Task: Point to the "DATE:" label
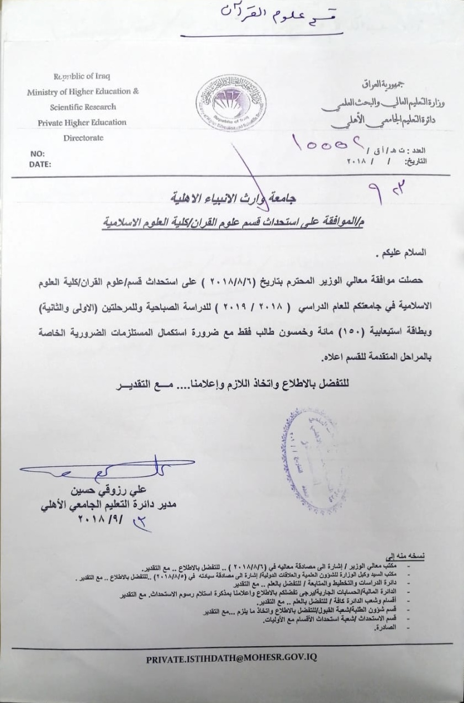40,164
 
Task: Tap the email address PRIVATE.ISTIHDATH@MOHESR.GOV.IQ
231,658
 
